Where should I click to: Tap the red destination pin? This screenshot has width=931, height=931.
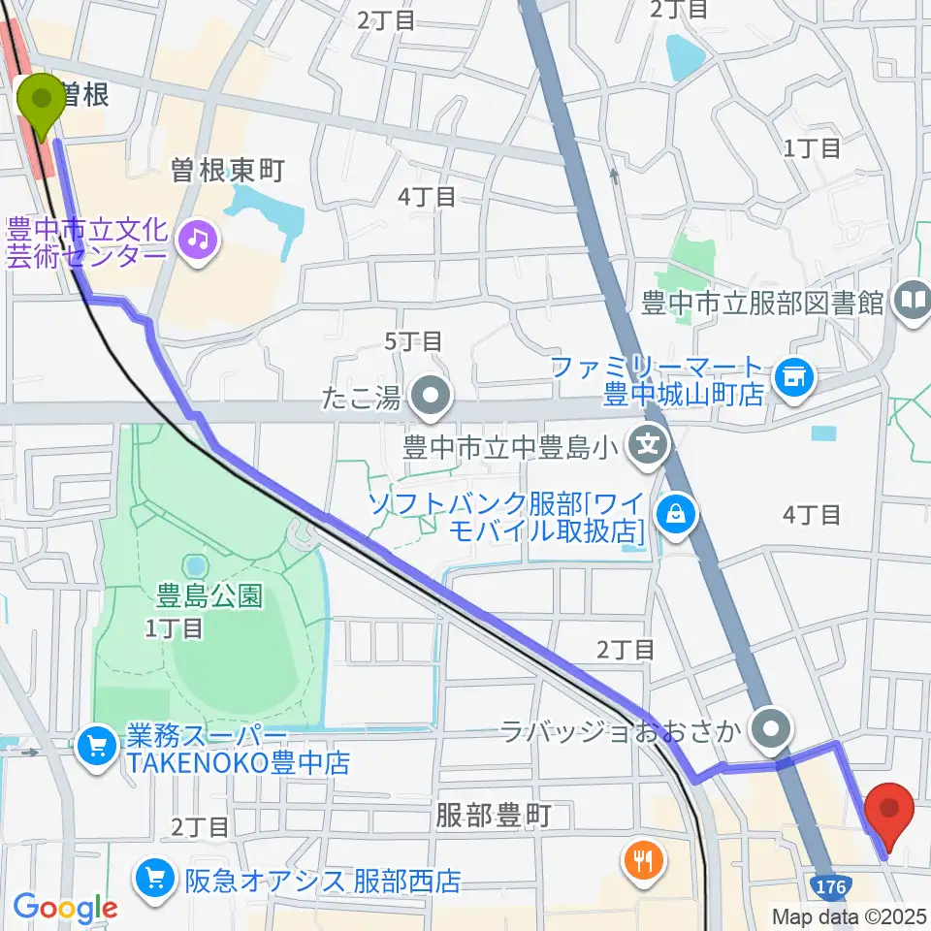point(889,806)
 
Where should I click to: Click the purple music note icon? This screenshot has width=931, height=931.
point(199,237)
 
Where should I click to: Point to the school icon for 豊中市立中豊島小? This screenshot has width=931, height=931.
point(648,447)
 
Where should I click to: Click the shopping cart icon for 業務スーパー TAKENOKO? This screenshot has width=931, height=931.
point(97,746)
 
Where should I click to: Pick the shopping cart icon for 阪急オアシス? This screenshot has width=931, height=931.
point(155,880)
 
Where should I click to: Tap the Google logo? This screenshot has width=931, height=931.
point(65,908)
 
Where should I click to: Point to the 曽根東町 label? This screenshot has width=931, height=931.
point(227,172)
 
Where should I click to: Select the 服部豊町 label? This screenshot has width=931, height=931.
point(493,816)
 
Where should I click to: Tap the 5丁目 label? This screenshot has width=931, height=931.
point(413,341)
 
